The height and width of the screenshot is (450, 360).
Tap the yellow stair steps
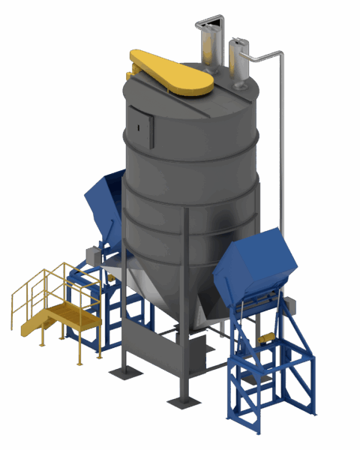pyautogui.click(x=37, y=322)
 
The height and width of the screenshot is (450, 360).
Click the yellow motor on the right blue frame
pyautogui.click(x=264, y=340)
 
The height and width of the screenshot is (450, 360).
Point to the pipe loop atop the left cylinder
pyautogui.click(x=209, y=19)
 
